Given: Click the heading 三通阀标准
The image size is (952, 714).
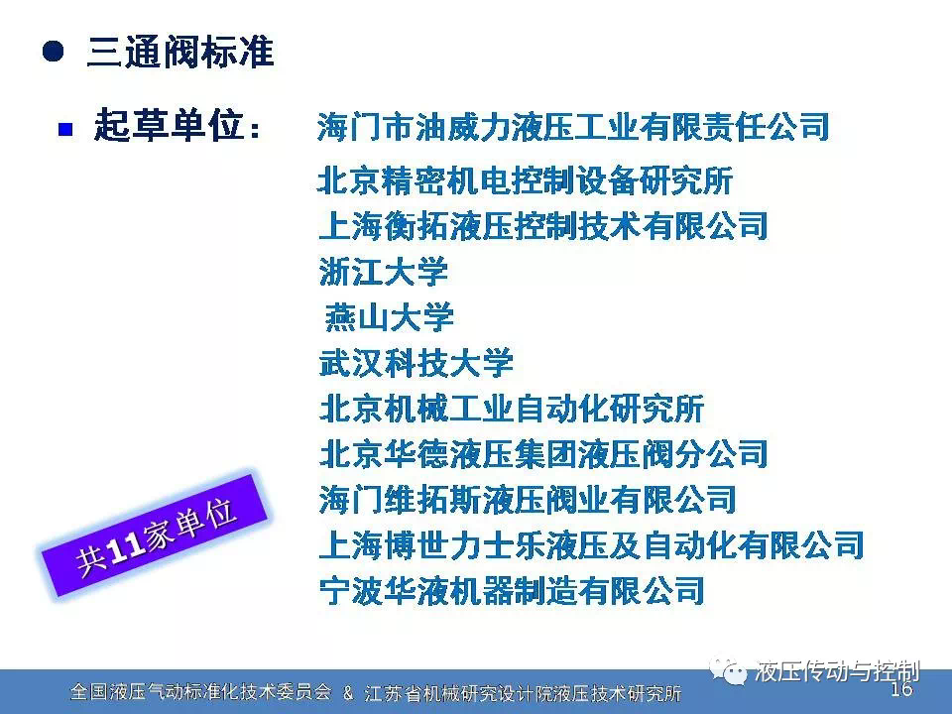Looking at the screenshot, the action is click(x=180, y=51).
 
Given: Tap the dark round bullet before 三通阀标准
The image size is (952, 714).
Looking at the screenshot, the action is click(x=54, y=51).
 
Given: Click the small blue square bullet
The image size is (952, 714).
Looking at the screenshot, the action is click(x=65, y=129).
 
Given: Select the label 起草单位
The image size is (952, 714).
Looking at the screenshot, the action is click(x=169, y=126).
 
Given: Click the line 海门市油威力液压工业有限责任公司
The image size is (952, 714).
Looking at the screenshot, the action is click(x=573, y=127).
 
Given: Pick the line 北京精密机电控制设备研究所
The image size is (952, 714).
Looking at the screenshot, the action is click(x=526, y=180).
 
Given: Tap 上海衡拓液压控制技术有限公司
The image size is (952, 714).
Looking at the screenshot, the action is click(x=543, y=226).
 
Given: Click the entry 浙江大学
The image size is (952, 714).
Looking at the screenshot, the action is click(x=384, y=272).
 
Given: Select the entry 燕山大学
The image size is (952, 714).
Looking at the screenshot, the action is click(x=389, y=317).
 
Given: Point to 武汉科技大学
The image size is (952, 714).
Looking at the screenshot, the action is click(x=416, y=363).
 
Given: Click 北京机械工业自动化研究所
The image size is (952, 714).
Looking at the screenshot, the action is click(x=512, y=408).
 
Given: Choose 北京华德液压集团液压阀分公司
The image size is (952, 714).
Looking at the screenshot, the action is click(x=543, y=453).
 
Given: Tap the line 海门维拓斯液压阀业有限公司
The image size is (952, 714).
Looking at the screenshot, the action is click(x=527, y=499).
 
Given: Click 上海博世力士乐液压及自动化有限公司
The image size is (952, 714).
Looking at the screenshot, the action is click(x=591, y=544).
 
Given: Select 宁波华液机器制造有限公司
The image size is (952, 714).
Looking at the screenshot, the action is click(x=512, y=590).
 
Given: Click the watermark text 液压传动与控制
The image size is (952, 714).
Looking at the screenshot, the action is click(x=837, y=672).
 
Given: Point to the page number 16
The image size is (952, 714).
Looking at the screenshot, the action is click(x=901, y=688).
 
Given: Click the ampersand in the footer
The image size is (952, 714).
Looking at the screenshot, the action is click(x=348, y=693).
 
